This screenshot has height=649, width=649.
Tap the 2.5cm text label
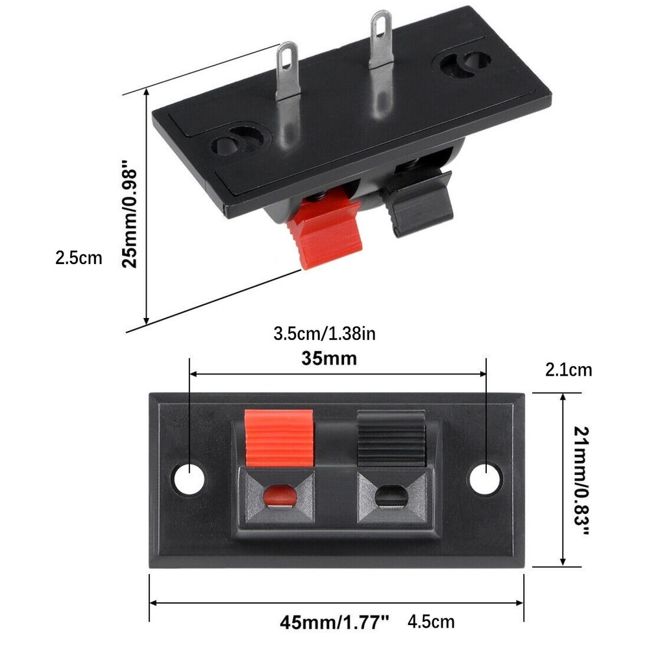(79, 258)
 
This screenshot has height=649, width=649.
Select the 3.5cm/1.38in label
(324, 334)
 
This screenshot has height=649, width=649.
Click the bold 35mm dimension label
(329, 358)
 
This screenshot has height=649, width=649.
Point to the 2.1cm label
(569, 370)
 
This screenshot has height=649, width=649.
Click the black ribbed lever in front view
(389, 437)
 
